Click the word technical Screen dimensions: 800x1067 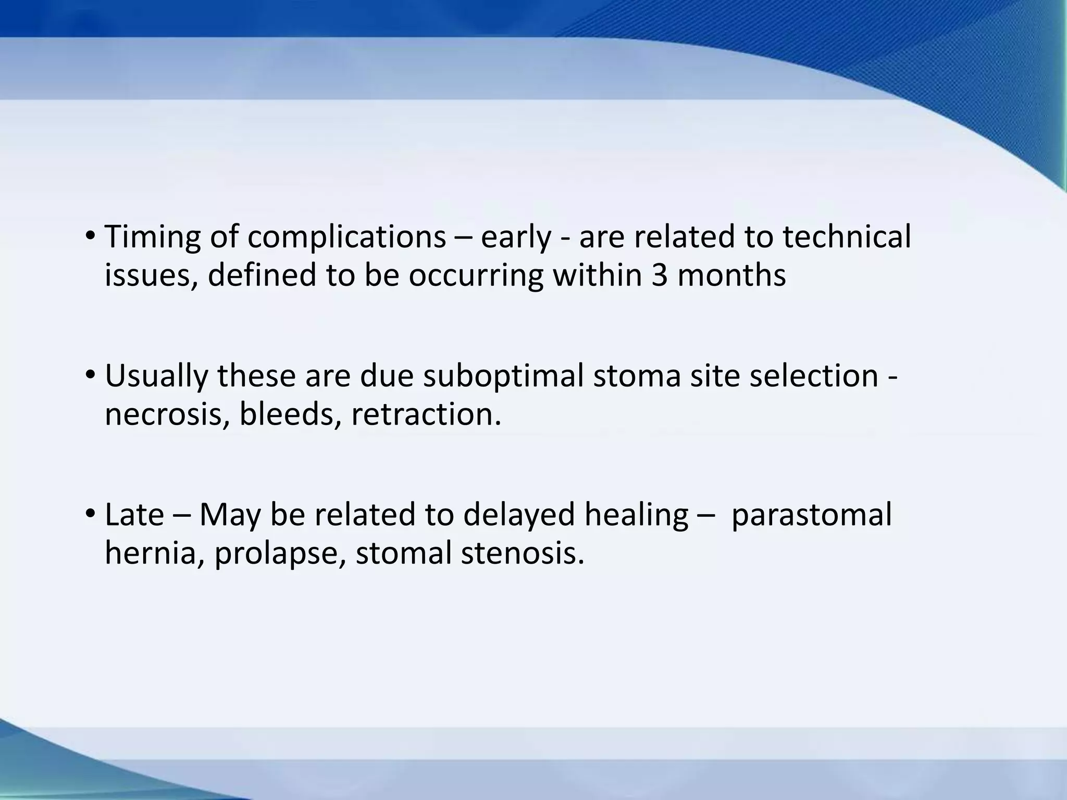[847, 237]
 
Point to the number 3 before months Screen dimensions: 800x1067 [659, 275]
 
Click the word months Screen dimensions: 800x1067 [731, 275]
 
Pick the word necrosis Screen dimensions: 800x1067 [167, 415]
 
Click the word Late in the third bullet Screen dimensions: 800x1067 [134, 515]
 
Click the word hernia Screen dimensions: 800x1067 [154, 553]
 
